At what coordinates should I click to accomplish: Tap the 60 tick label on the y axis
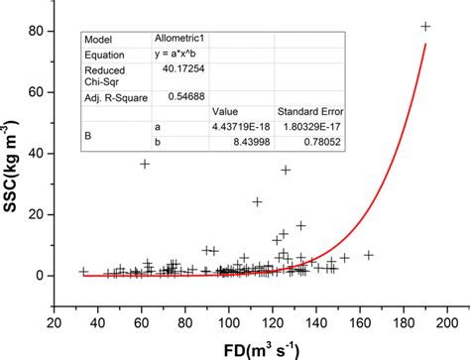coord(45,92)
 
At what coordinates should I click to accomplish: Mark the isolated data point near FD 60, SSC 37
coord(145,164)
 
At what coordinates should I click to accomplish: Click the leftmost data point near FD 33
coord(83,271)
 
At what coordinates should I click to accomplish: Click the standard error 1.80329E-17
coord(309,127)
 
